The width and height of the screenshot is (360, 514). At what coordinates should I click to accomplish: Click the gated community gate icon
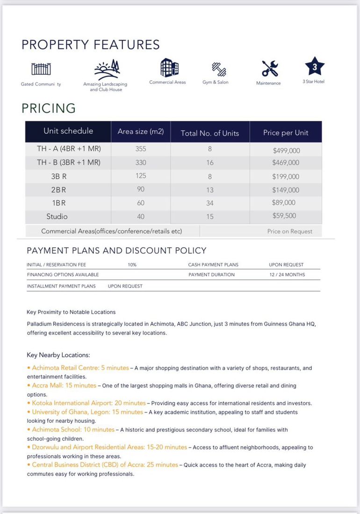coord(41,69)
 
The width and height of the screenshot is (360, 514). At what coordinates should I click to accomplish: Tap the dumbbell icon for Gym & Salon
coord(219,69)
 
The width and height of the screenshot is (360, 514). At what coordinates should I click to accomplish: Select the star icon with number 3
coord(314,67)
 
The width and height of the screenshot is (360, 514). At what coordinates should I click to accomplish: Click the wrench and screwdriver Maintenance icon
coord(269,69)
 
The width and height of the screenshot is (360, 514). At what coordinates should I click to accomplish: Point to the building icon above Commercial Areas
coord(169,67)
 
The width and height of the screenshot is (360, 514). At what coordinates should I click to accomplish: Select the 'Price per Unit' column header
coord(286,133)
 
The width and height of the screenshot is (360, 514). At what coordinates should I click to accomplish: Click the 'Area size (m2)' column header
coord(141,132)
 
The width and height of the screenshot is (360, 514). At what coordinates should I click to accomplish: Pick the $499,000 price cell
coord(286,150)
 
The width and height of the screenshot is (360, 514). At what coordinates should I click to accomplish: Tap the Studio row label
coord(57,216)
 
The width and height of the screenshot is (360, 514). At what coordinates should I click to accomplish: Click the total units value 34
coord(210,203)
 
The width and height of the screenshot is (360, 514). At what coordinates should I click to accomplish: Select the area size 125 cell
coord(141,176)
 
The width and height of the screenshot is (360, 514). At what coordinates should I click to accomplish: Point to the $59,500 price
coord(284,216)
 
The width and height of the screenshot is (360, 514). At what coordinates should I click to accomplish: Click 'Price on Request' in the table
coord(289,231)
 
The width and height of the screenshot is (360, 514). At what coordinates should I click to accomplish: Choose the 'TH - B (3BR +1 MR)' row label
coord(69,163)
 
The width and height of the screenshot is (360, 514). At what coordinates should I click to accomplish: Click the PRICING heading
coord(49,108)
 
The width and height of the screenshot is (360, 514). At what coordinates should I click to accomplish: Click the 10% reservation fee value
coord(132,264)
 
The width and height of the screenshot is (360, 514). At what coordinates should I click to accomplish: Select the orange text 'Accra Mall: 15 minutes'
coord(64,385)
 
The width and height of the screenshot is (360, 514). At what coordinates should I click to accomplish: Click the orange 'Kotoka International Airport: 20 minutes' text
coord(89,403)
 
